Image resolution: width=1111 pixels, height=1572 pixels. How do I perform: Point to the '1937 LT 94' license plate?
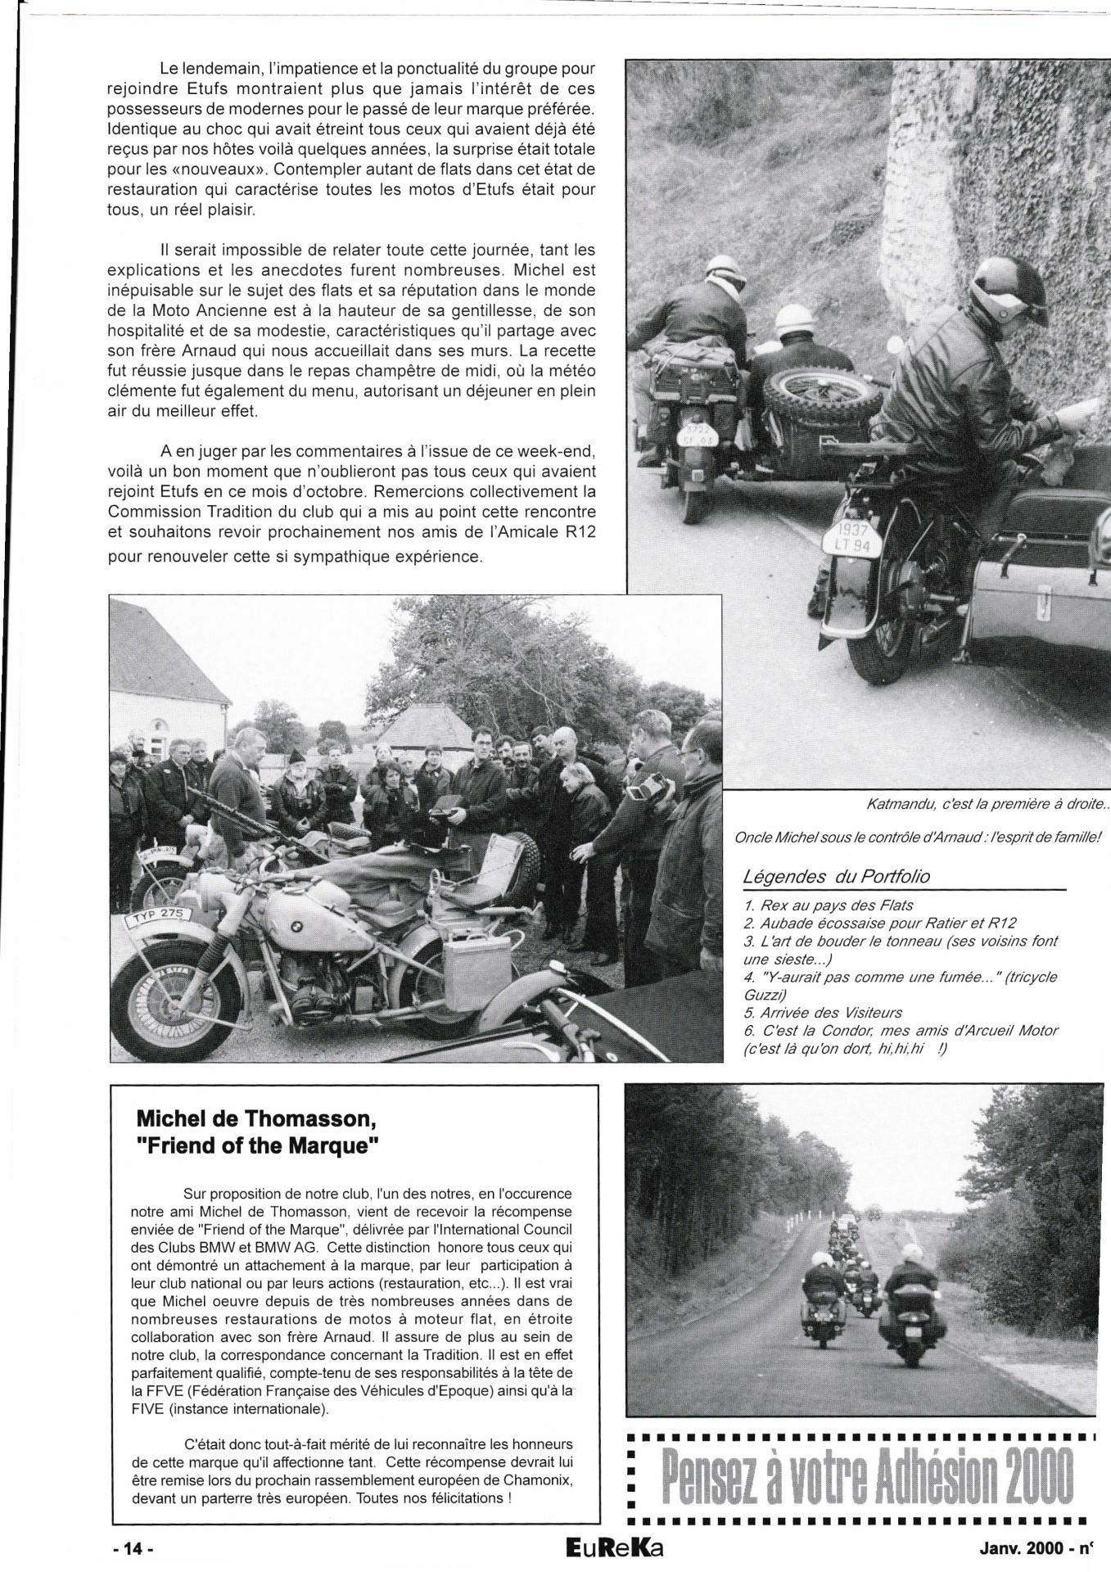coord(851,538)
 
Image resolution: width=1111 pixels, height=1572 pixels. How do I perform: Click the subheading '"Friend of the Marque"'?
coord(258,1145)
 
